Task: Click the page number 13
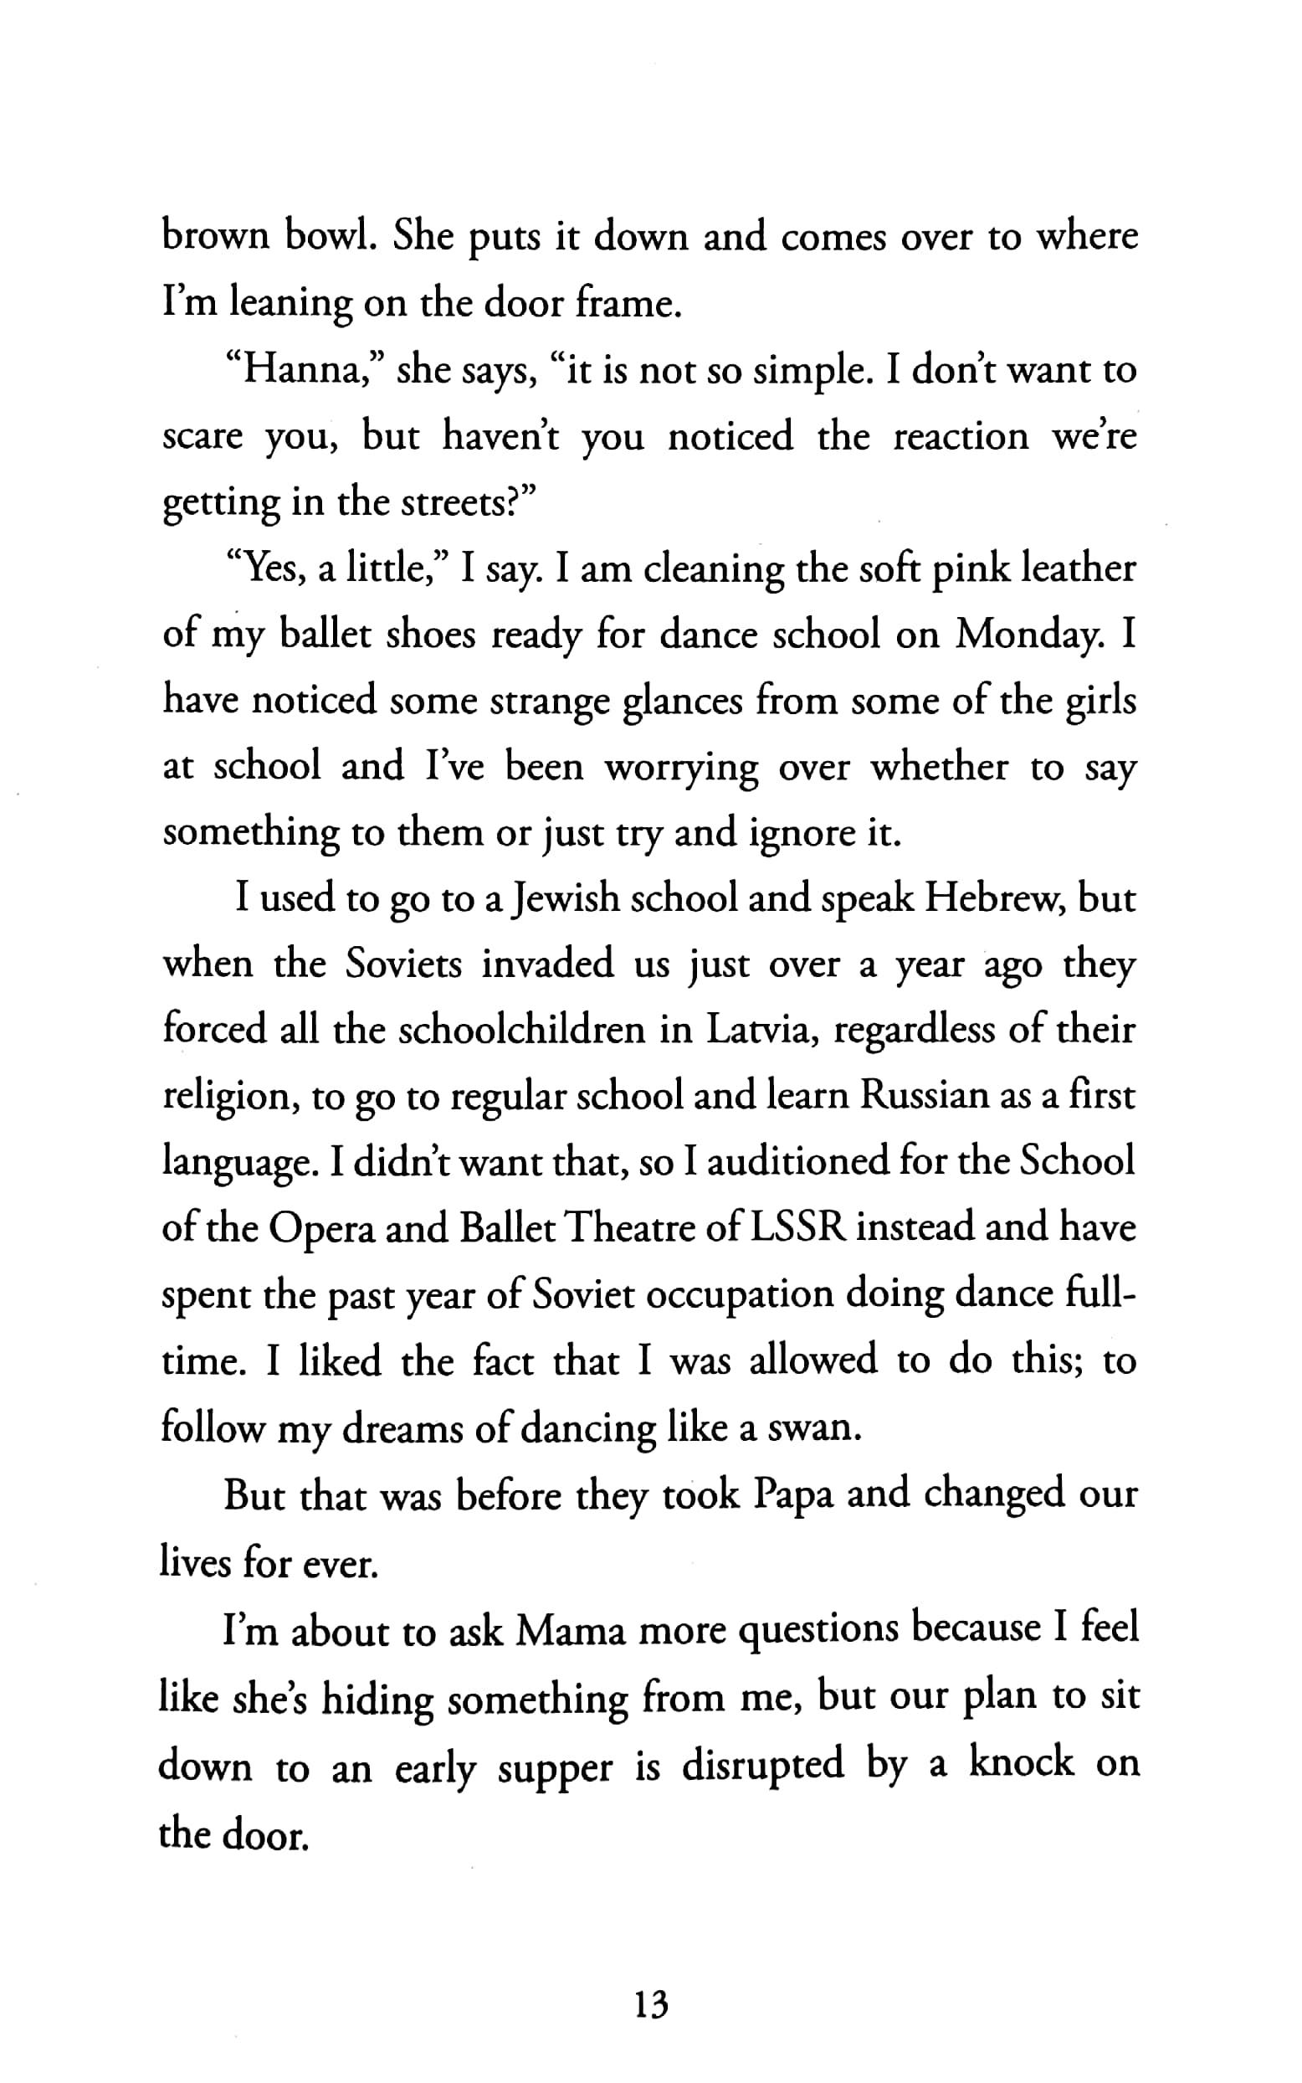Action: (650, 2005)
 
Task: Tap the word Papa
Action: (793, 1494)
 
